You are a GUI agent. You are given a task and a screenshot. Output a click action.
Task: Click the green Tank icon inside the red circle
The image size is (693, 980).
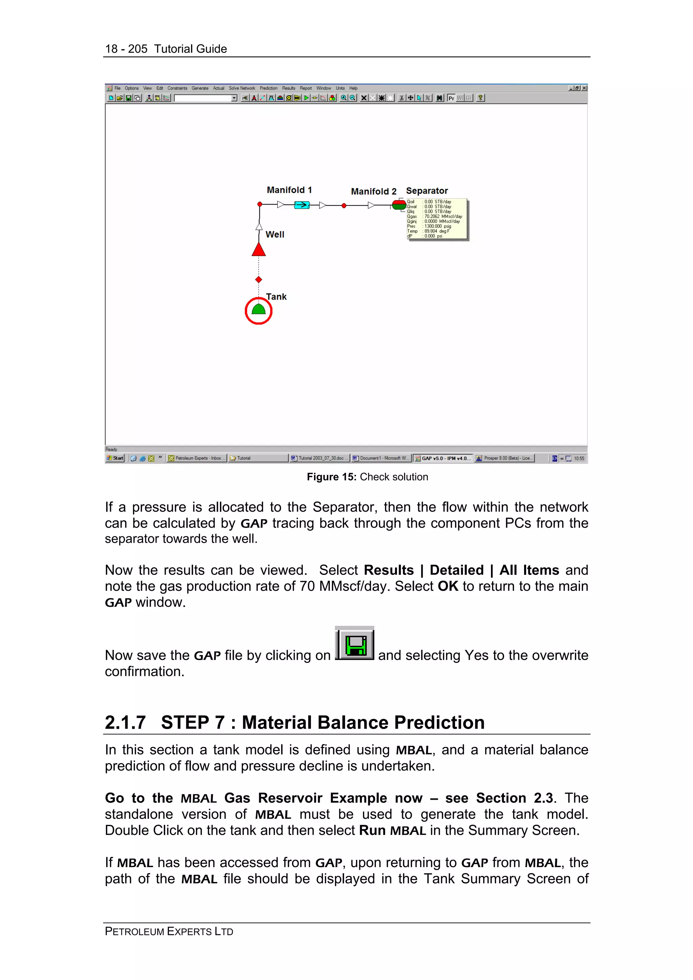(258, 309)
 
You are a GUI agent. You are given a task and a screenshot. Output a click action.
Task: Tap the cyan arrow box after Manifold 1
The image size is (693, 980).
(302, 205)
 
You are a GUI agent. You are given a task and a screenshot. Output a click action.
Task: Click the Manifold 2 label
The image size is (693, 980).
(374, 191)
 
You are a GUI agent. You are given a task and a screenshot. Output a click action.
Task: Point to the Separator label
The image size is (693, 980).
(427, 191)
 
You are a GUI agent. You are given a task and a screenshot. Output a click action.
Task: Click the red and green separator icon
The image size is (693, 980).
(399, 205)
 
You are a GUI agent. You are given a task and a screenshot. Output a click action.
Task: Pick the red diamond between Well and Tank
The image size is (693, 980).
(258, 280)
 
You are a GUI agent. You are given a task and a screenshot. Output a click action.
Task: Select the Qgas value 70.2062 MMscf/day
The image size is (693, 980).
(443, 216)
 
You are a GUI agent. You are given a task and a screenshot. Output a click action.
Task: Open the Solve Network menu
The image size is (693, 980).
(242, 88)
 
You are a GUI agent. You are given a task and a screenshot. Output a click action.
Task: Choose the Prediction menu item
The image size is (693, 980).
(269, 88)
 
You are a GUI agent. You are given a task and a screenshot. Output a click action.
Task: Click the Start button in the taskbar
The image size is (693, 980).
(115, 458)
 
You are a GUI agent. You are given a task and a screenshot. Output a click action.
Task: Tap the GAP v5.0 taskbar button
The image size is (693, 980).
(443, 458)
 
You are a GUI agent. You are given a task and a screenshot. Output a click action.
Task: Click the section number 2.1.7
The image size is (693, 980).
(125, 723)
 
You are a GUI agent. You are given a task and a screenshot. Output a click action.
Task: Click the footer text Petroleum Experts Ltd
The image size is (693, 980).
(169, 931)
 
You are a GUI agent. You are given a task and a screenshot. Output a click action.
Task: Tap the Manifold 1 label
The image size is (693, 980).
(289, 190)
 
